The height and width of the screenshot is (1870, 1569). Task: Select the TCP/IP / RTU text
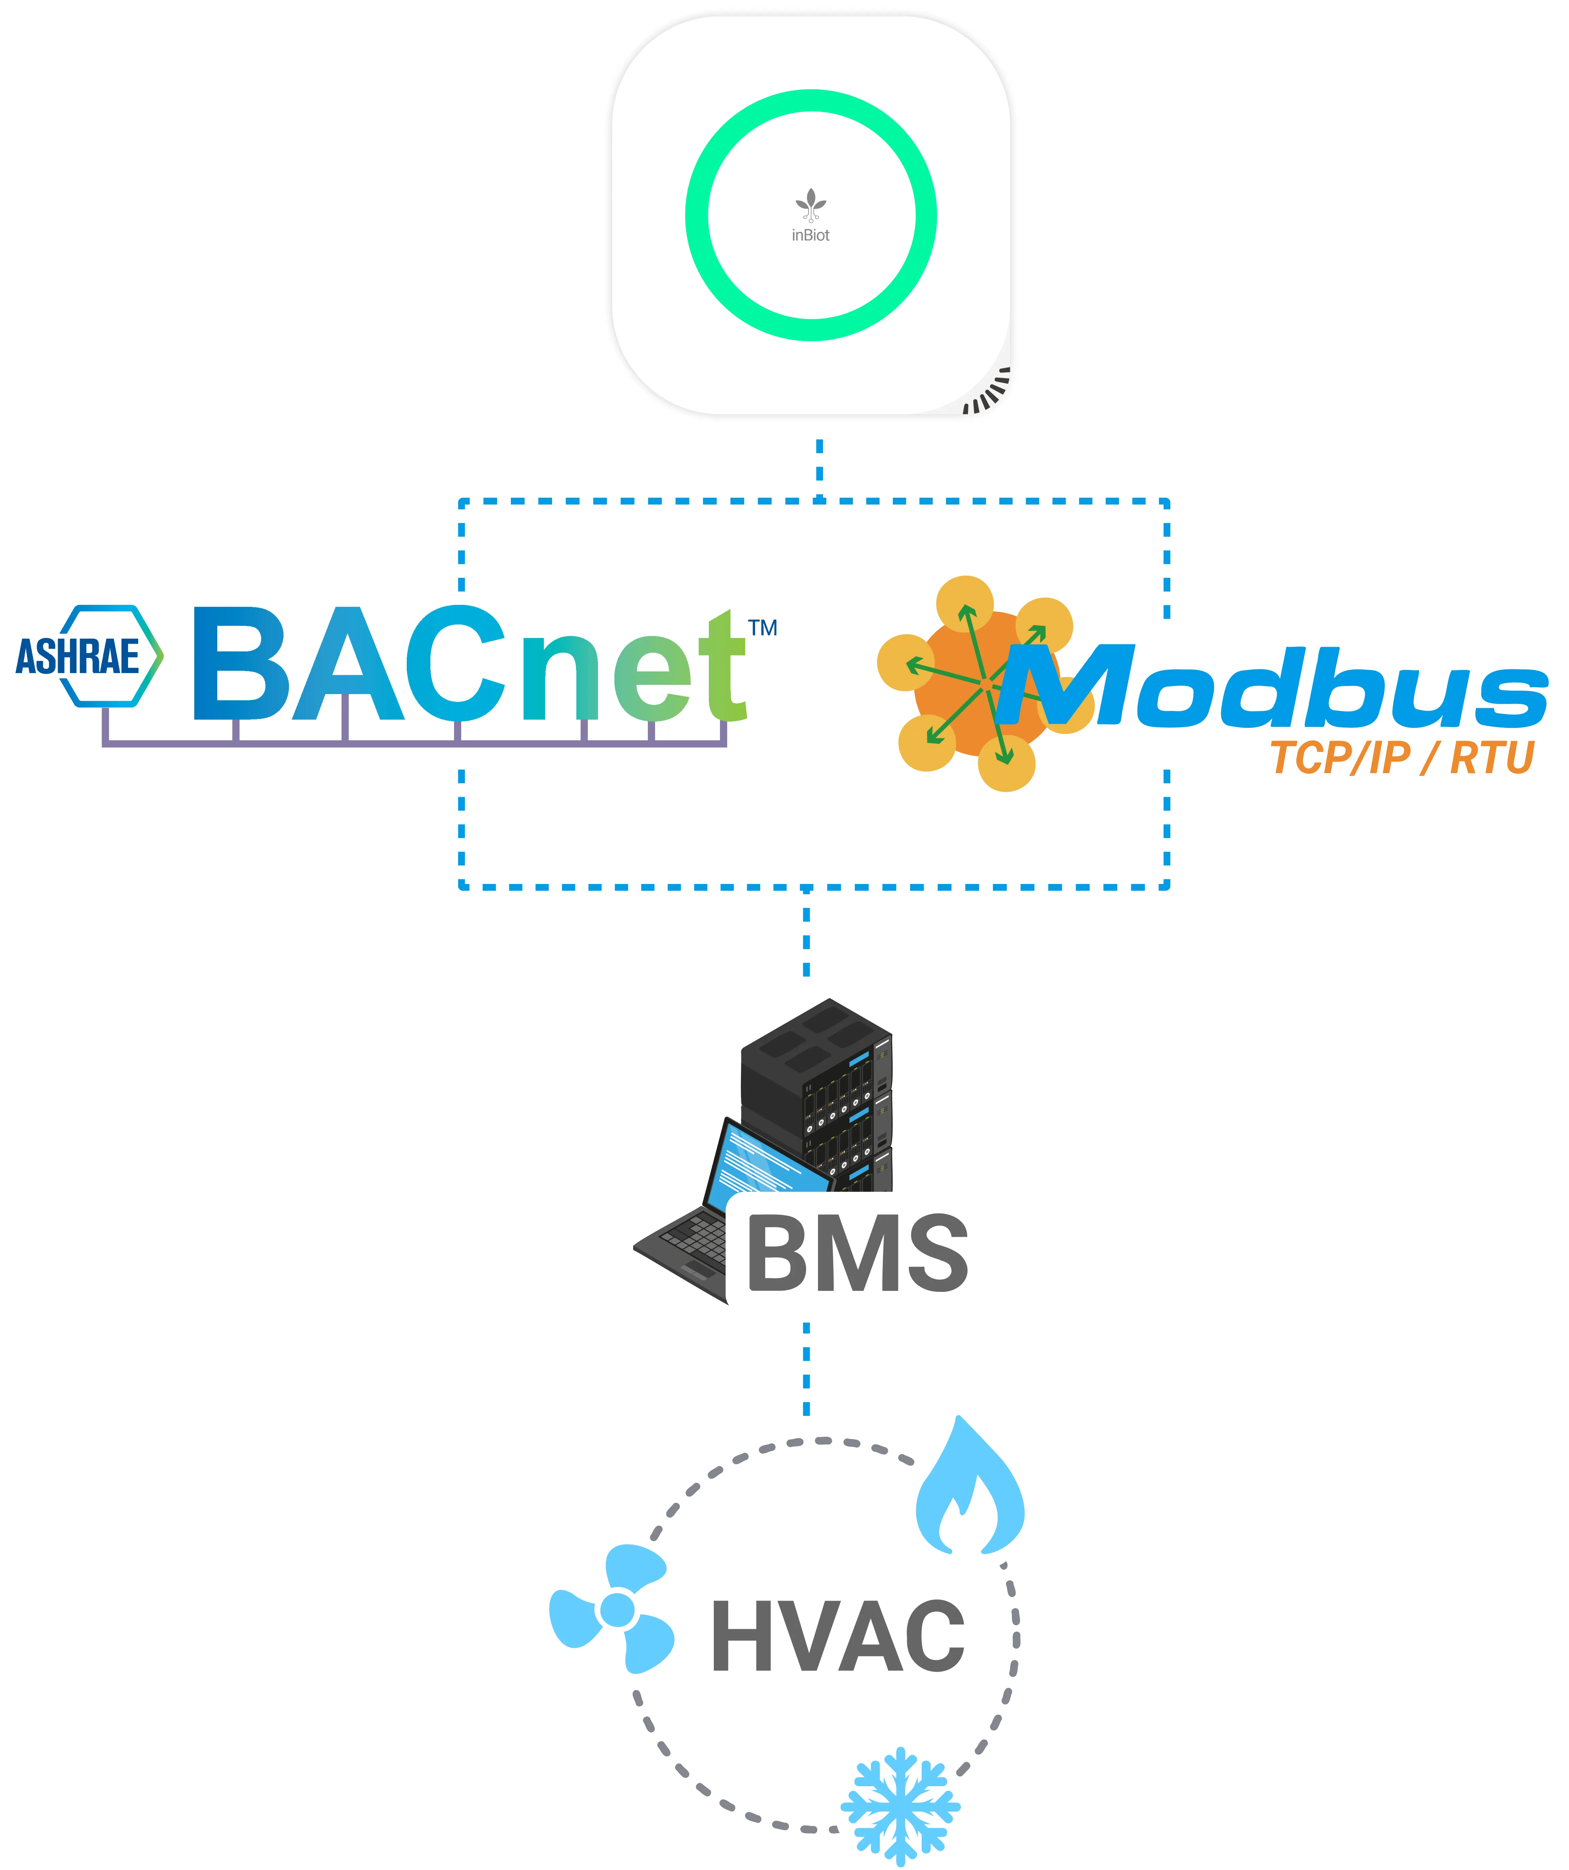[1402, 758]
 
